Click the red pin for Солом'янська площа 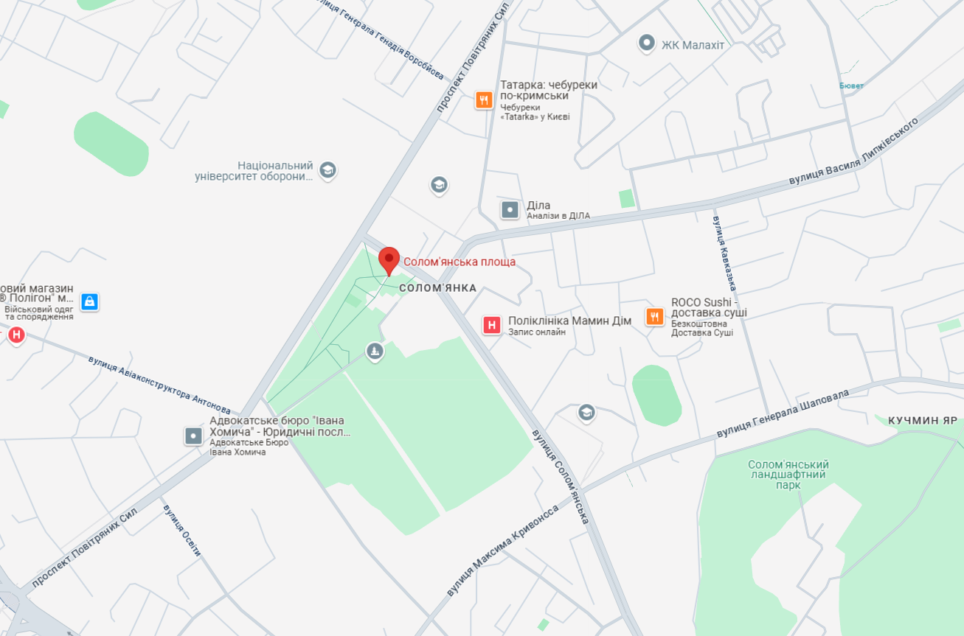coord(389,259)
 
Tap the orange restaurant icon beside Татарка coord(484,99)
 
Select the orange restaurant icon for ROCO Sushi coord(654,317)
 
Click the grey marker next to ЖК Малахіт coord(646,43)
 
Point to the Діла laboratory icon coord(510,210)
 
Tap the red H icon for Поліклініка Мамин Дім coord(491,325)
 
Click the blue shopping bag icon coord(89,301)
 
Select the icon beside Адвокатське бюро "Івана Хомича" coord(193,436)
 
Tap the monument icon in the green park coord(375,352)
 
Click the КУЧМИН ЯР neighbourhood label coord(922,420)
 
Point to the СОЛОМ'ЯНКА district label coord(437,287)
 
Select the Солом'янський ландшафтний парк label coord(788,475)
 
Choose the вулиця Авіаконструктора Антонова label coord(159,385)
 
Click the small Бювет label coord(851,86)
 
